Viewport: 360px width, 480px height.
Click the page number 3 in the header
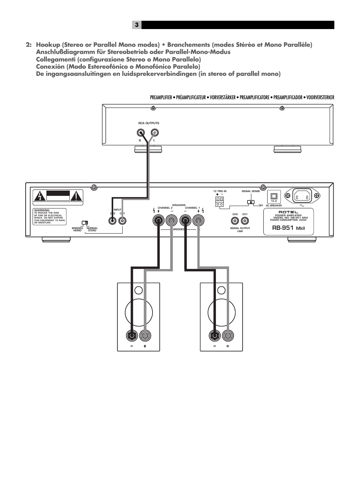pos(137,25)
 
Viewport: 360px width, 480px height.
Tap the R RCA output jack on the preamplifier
pos(141,132)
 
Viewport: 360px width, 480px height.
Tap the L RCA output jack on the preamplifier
pos(154,132)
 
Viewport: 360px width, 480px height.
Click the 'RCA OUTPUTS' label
pos(149,123)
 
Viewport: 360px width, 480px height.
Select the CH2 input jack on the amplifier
pos(112,220)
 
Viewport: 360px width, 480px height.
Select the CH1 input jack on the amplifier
pos(122,220)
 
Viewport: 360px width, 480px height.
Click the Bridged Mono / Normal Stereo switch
pos(85,223)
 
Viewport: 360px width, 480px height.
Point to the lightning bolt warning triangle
pos(39,196)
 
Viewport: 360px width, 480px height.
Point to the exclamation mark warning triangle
pos(76,196)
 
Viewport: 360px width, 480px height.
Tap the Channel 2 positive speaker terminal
pos(158,220)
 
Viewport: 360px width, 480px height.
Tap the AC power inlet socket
pos(302,196)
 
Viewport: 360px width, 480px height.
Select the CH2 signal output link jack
pos(235,221)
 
